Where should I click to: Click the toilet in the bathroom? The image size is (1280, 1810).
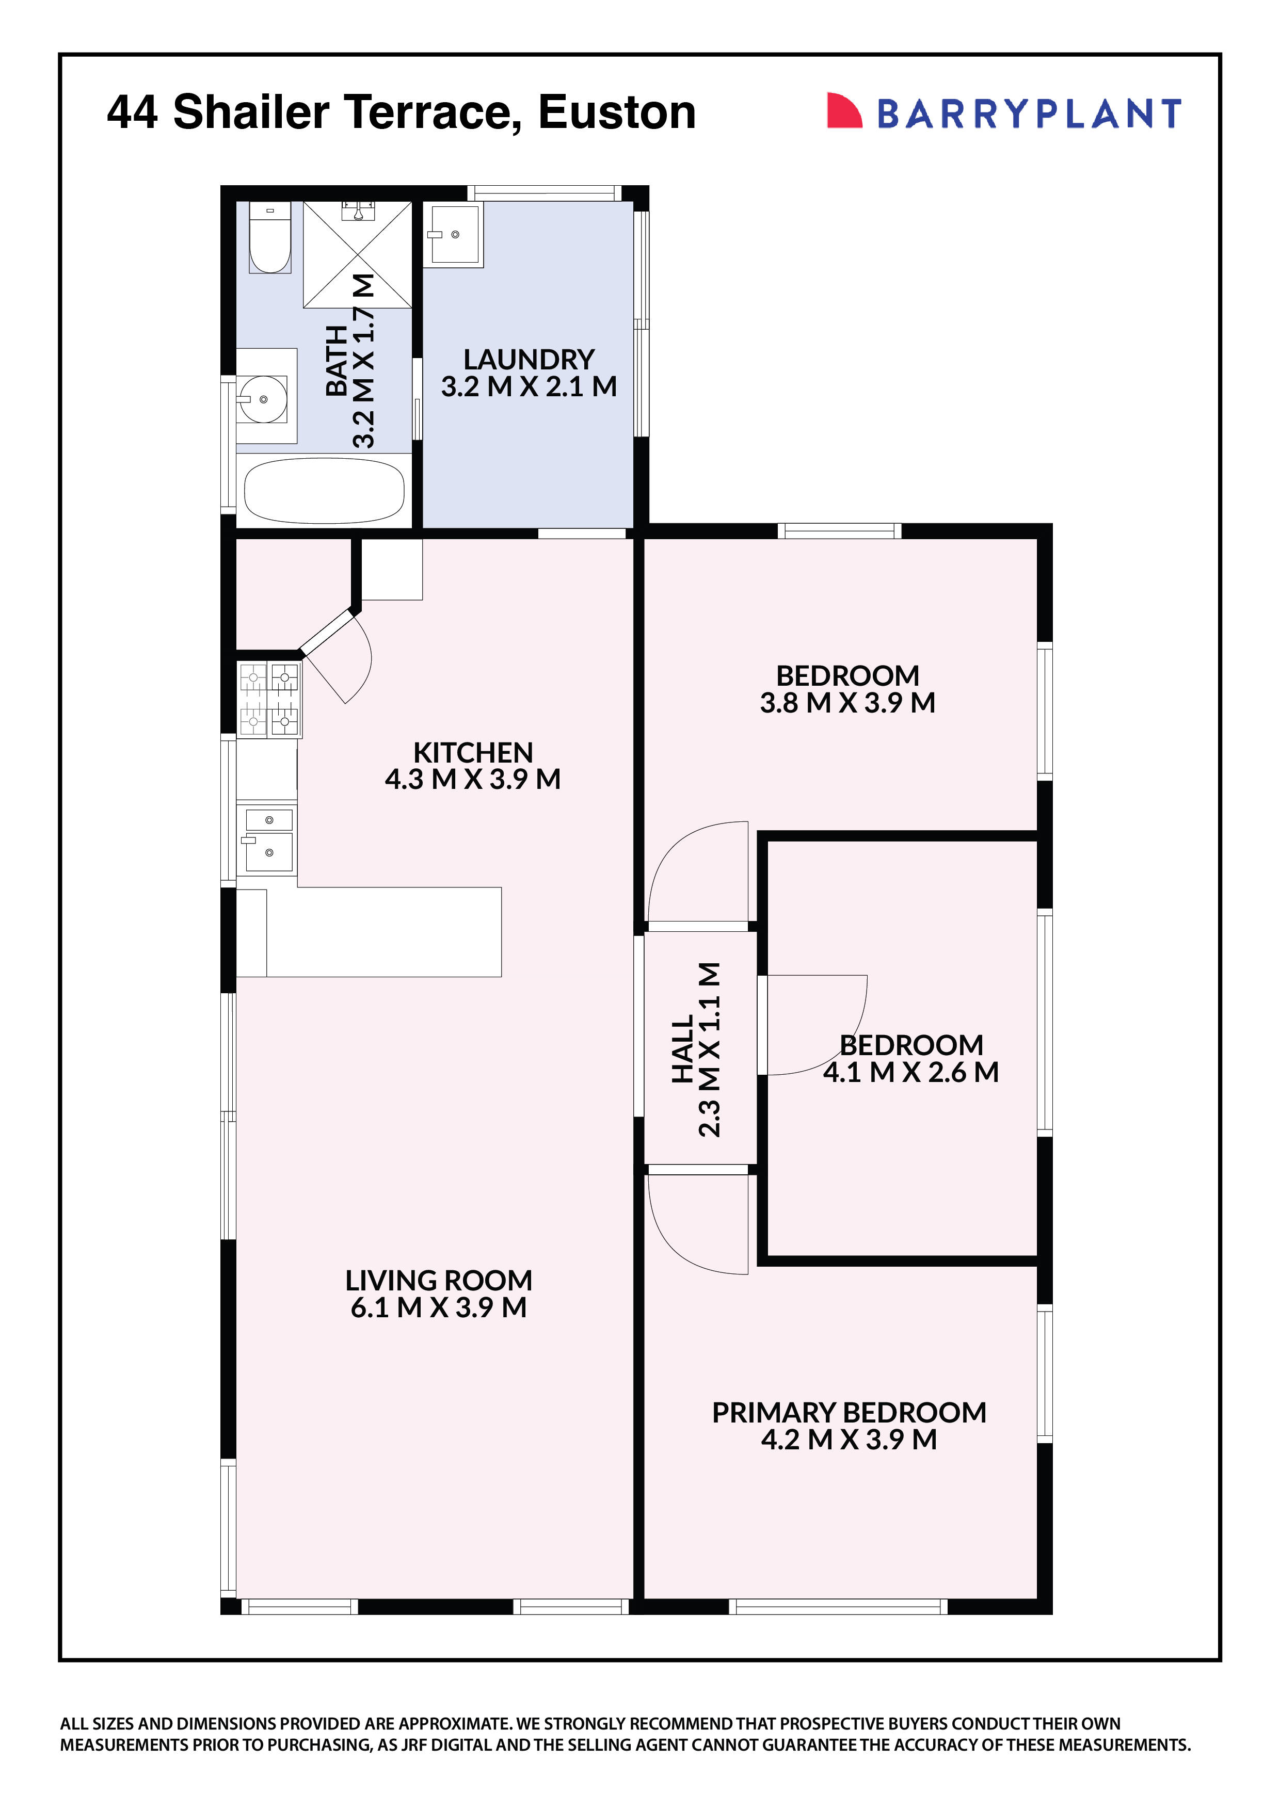270,238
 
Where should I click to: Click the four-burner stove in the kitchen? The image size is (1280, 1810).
269,699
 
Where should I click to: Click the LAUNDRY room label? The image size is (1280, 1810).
529,360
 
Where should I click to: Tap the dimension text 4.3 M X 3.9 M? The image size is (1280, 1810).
472,780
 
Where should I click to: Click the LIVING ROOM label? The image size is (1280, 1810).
439,1280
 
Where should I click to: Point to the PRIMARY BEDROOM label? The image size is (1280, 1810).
849,1413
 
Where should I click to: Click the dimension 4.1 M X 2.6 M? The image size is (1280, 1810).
911,1072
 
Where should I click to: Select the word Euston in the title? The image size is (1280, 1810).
617,112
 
